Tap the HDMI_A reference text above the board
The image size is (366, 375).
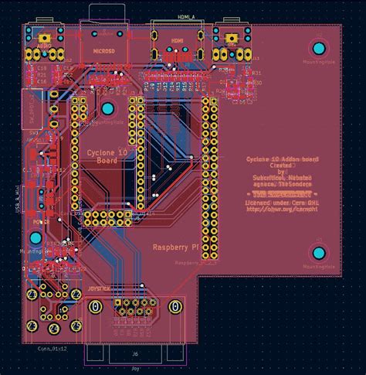(186, 15)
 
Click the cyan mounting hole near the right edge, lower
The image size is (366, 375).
(317, 253)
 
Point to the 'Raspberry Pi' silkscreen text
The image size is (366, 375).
(177, 247)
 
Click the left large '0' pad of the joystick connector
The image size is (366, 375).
(94, 307)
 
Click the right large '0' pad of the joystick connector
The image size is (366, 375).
(175, 307)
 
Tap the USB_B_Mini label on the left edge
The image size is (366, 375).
(17, 200)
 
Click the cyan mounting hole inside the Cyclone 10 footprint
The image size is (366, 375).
(108, 108)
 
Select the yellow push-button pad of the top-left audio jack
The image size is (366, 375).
(46, 37)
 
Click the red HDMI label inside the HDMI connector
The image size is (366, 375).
(177, 40)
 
